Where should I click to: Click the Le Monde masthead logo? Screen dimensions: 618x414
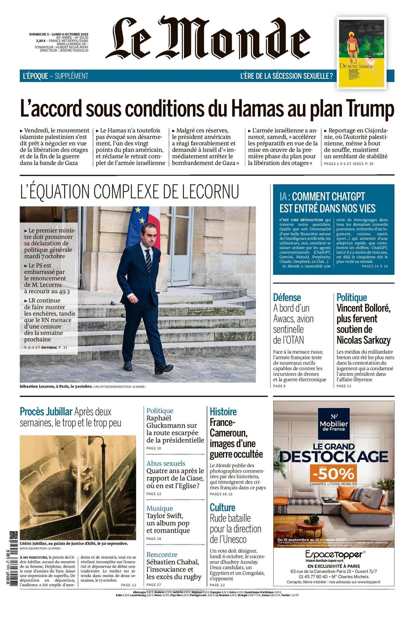pyautogui.click(x=209, y=37)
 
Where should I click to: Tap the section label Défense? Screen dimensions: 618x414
pyautogui.click(x=287, y=297)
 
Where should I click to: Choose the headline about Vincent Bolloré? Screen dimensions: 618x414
pyautogui.click(x=364, y=324)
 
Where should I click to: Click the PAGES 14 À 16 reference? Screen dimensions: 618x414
pyautogui.click(x=375, y=266)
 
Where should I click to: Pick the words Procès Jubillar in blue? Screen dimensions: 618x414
pyautogui.click(x=46, y=411)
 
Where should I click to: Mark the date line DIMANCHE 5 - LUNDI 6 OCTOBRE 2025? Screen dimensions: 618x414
pyautogui.click(x=59, y=34)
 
